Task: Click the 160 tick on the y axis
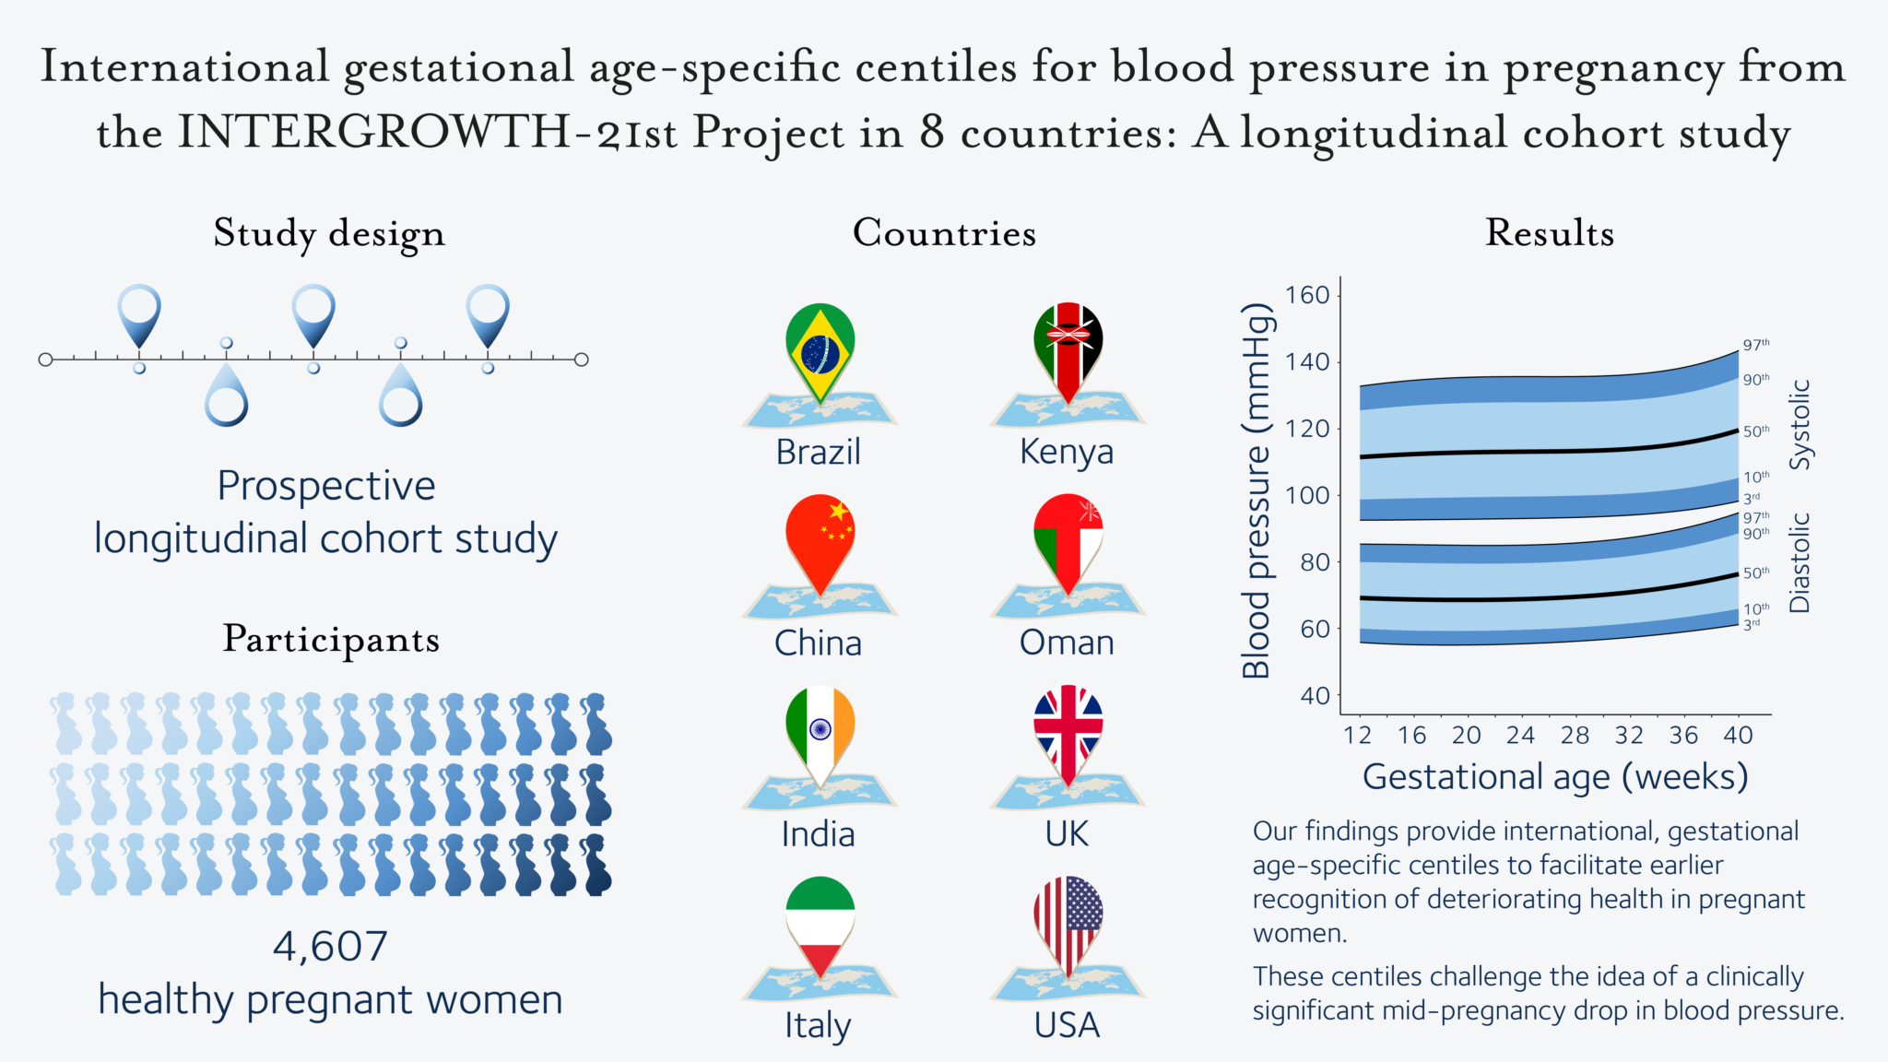pyautogui.click(x=1307, y=295)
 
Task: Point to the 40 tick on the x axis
pyautogui.click(x=1738, y=735)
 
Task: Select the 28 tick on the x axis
pyautogui.click(x=1575, y=735)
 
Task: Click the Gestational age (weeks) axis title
pyautogui.click(x=1554, y=777)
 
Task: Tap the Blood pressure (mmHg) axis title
pyautogui.click(x=1257, y=490)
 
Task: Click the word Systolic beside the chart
pyautogui.click(x=1799, y=424)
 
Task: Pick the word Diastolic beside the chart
pyautogui.click(x=1799, y=562)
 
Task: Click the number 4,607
pyautogui.click(x=330, y=947)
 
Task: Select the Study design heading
pyautogui.click(x=329, y=234)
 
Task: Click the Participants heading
pyautogui.click(x=331, y=639)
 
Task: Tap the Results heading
pyautogui.click(x=1549, y=233)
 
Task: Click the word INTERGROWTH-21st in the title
pyautogui.click(x=428, y=133)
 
